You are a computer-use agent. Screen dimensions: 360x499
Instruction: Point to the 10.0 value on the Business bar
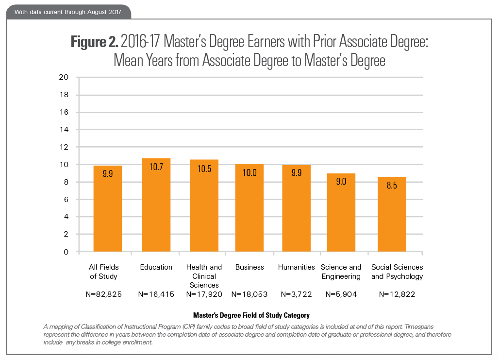(249, 172)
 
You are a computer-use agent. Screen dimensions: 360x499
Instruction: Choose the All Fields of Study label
(103, 272)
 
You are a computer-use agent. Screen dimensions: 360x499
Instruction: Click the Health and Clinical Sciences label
(204, 276)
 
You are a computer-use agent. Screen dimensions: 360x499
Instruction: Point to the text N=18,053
(249, 294)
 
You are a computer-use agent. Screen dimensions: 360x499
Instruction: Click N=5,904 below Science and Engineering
(341, 294)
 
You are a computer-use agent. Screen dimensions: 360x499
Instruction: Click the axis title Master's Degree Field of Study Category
(251, 315)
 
